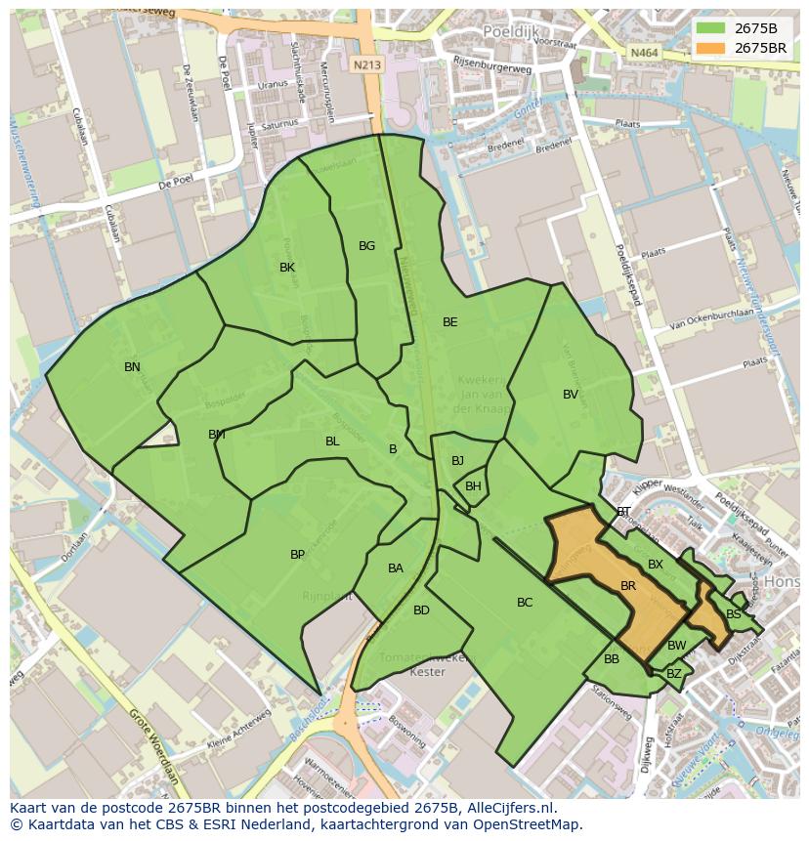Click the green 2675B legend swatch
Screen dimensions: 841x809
point(710,27)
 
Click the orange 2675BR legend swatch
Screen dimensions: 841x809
point(710,47)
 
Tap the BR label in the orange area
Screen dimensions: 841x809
point(628,586)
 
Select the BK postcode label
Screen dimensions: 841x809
point(287,268)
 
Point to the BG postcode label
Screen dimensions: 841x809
point(366,246)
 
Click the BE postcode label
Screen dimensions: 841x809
point(449,322)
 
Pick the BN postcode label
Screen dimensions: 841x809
point(132,367)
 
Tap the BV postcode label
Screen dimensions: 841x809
point(571,395)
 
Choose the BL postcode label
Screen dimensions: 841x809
point(332,442)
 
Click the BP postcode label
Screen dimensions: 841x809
point(297,555)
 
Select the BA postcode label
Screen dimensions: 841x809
point(395,568)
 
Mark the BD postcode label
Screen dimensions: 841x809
point(421,610)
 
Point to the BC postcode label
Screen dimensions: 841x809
point(525,603)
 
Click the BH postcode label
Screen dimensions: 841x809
point(473,486)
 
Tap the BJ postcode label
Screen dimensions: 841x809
point(457,461)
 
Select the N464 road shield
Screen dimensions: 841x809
point(643,53)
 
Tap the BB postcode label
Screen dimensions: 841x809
point(612,659)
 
